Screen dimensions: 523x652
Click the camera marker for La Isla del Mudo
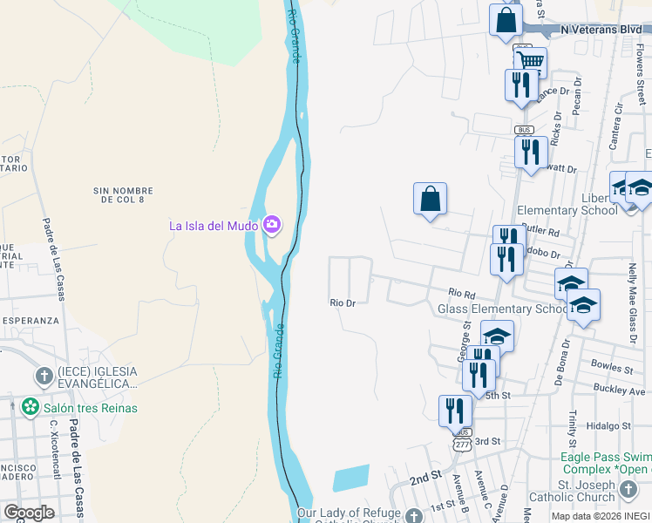point(272,226)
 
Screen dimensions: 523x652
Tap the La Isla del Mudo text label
point(214,227)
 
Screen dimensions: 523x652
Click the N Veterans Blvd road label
point(601,29)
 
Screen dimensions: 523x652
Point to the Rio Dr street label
point(343,303)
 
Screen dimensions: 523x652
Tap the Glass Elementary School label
point(503,309)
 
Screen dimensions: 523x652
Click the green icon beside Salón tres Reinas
point(31,407)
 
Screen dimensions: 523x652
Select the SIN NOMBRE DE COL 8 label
point(123,195)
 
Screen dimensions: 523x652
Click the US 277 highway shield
point(461,445)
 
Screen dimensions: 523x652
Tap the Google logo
point(29,513)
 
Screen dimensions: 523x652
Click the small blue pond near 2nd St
point(350,478)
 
